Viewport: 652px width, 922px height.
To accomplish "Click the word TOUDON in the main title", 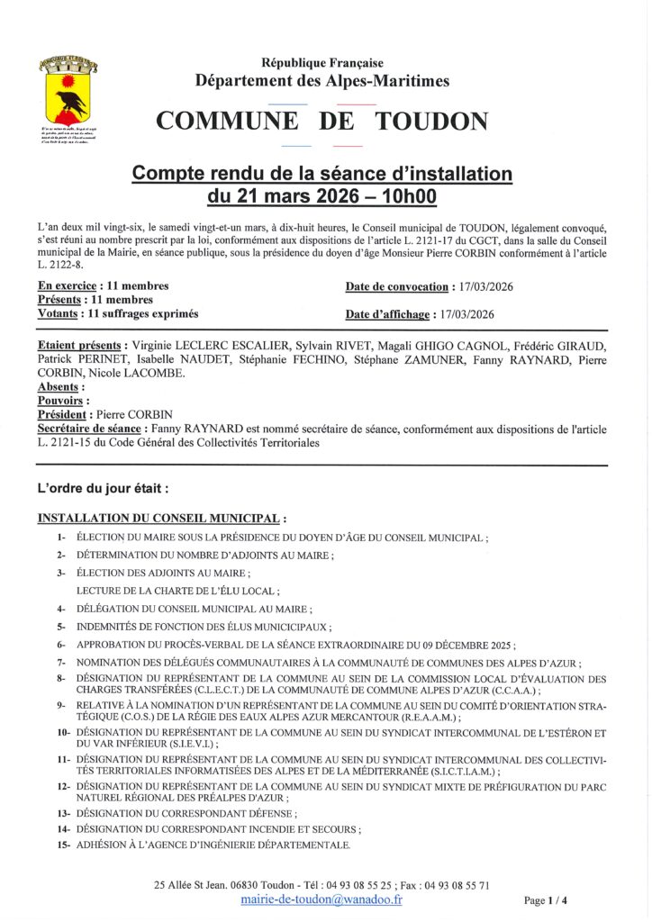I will [x=433, y=122].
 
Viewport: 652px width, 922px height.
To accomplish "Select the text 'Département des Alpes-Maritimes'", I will [x=322, y=81].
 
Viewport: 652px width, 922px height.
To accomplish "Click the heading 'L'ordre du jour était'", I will [x=103, y=489].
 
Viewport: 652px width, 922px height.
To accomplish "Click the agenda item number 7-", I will [x=61, y=662].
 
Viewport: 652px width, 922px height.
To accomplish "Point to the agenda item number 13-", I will [x=63, y=813].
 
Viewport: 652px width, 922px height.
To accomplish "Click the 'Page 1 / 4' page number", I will [x=546, y=899].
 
